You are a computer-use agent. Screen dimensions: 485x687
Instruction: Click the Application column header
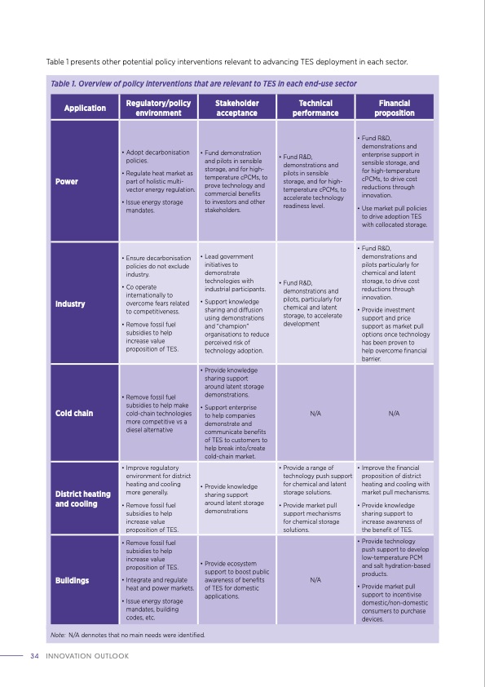click(x=85, y=108)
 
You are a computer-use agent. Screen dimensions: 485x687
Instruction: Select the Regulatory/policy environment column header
click(x=158, y=108)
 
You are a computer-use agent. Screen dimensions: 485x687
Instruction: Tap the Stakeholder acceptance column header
click(x=236, y=108)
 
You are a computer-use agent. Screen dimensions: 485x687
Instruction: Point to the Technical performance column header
click(x=315, y=108)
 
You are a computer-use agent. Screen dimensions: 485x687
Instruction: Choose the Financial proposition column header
click(x=394, y=108)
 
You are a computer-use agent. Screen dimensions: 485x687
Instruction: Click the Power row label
click(x=67, y=181)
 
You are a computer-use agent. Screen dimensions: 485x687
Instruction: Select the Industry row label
click(x=70, y=304)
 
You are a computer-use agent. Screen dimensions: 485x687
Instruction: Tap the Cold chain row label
click(x=74, y=413)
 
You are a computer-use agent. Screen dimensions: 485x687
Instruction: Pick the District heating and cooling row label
click(x=83, y=499)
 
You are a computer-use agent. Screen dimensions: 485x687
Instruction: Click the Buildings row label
click(x=72, y=581)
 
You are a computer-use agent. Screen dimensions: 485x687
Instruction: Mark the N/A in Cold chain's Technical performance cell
click(x=315, y=414)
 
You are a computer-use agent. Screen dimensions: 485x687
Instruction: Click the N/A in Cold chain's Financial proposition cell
click(x=394, y=414)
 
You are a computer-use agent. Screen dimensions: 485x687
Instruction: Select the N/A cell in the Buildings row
click(x=315, y=581)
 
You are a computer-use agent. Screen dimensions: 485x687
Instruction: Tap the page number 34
click(x=34, y=656)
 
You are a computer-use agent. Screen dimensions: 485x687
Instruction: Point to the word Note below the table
click(x=57, y=634)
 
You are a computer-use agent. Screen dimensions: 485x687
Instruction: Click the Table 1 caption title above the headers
click(x=203, y=84)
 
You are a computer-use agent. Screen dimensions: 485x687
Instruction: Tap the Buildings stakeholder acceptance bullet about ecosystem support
click(x=236, y=581)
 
